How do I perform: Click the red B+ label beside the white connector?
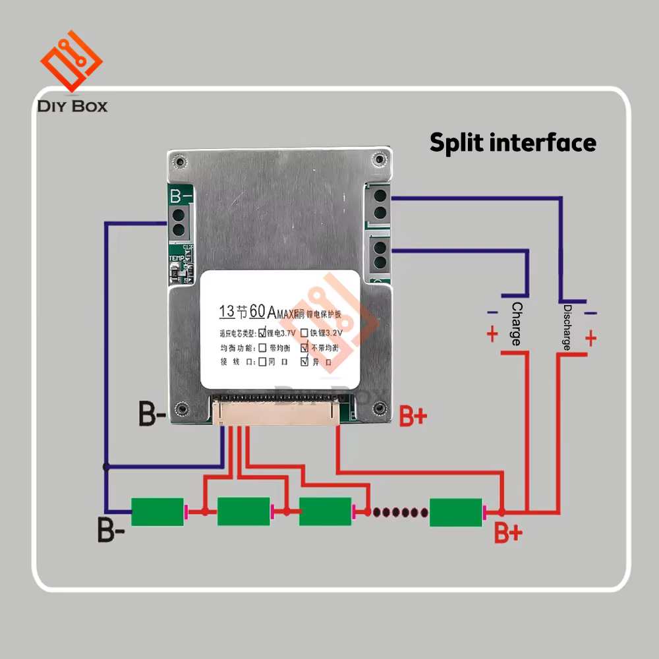point(413,416)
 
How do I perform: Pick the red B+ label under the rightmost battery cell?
point(508,532)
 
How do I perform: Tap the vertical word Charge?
point(517,324)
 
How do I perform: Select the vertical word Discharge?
point(567,327)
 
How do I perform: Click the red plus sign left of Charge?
point(492,334)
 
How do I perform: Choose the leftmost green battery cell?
point(157,512)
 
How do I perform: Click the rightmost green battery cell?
point(455,512)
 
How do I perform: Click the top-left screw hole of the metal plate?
point(179,160)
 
